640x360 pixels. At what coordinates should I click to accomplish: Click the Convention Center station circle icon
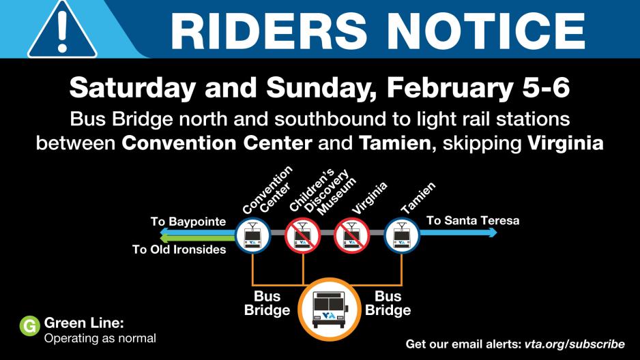tap(252, 235)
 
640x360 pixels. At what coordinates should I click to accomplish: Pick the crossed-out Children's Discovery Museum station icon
tap(302, 235)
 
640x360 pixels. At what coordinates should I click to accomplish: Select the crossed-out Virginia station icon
tap(351, 235)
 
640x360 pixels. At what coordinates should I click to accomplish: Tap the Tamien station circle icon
tap(401, 235)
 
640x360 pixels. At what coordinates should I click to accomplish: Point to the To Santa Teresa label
tap(473, 220)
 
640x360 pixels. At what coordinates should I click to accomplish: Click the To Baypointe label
tap(188, 222)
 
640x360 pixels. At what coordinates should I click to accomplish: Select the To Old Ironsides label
tap(179, 250)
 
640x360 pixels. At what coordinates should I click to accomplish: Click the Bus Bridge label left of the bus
tap(267, 303)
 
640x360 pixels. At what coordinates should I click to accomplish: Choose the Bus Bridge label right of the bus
tap(388, 303)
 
